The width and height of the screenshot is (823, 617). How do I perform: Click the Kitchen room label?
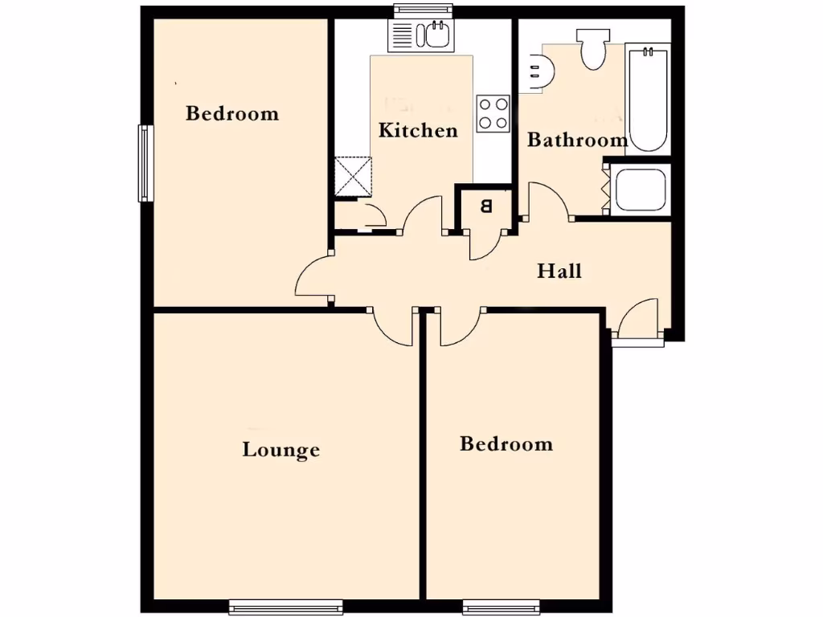click(418, 130)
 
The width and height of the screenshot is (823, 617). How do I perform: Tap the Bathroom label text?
click(577, 141)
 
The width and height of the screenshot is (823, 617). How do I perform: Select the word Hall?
click(559, 271)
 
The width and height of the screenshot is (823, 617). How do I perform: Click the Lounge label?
click(281, 450)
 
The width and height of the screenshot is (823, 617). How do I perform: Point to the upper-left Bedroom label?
click(232, 113)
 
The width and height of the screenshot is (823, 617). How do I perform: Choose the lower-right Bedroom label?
click(506, 443)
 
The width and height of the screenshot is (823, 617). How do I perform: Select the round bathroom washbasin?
click(537, 68)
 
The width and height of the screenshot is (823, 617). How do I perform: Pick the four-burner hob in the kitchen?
click(493, 113)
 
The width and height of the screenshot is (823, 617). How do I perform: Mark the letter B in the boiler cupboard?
click(485, 206)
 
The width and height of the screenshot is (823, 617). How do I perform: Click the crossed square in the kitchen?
click(354, 176)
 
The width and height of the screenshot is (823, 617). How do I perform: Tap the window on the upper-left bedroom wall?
click(145, 163)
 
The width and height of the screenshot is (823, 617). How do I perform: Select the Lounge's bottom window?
click(285, 607)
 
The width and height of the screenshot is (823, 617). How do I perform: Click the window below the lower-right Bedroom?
click(501, 607)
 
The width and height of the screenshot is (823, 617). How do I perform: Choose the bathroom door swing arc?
click(547, 200)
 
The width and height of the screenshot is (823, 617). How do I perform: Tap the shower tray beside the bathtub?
click(639, 190)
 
